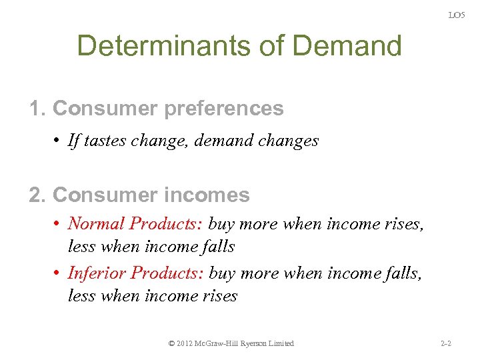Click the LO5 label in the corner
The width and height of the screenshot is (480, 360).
click(x=456, y=15)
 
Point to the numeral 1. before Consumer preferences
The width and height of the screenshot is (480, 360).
click(x=37, y=108)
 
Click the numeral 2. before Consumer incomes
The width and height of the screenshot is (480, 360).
click(x=37, y=195)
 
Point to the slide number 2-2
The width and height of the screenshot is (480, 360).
click(x=446, y=343)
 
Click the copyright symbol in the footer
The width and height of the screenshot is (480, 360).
click(x=172, y=343)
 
